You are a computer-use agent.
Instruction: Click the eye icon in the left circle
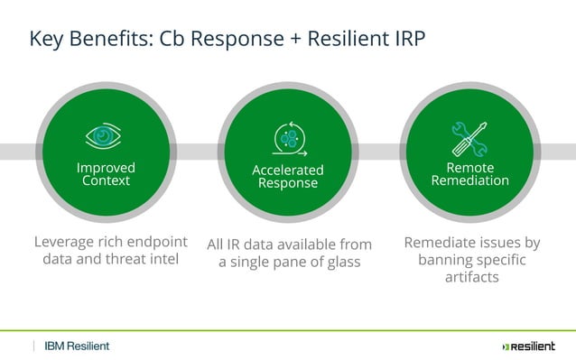point(105,137)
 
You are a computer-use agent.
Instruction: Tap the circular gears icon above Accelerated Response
point(288,140)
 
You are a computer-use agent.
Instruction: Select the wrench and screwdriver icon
point(469,138)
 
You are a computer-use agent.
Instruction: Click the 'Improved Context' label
point(106,174)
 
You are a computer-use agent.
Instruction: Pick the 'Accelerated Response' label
point(288,177)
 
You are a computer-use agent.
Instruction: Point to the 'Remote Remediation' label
point(469,174)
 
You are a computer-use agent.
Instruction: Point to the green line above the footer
point(288,330)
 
